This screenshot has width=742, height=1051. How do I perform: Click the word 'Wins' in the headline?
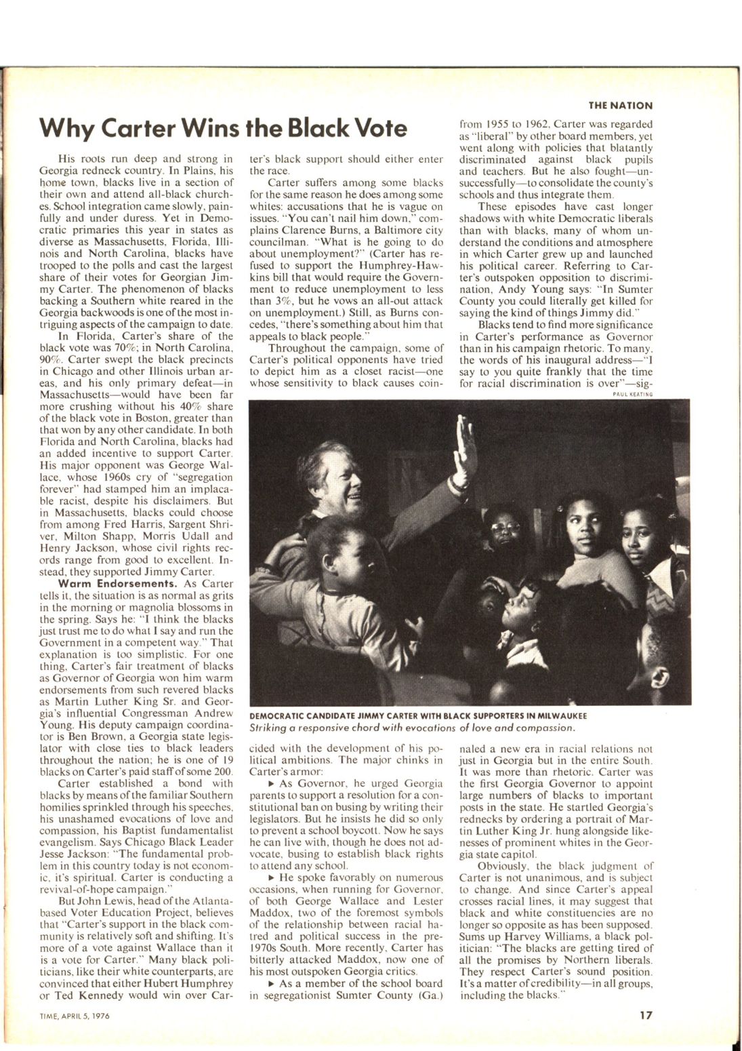point(207,127)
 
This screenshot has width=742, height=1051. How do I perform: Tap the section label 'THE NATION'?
point(620,106)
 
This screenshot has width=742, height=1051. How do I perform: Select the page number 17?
point(645,1015)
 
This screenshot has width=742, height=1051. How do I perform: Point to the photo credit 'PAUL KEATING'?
point(632,395)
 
